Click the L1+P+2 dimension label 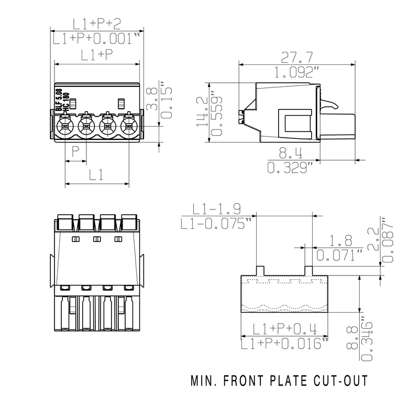tap(97, 24)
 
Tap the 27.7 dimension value tap(297, 57)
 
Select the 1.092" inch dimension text tap(297, 72)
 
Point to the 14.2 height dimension tap(202, 112)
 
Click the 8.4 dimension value tap(291, 153)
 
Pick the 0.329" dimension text tap(290, 168)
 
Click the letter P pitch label tap(75, 151)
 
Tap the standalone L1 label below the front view tap(96, 175)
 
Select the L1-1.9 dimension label tap(216, 209)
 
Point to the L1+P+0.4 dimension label tap(284, 329)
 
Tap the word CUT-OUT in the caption tap(341, 381)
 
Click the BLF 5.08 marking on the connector tap(59, 100)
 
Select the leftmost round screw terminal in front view tap(65, 126)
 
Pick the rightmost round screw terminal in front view tap(129, 126)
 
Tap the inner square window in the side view tap(295, 124)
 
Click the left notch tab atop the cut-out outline tap(260, 271)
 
